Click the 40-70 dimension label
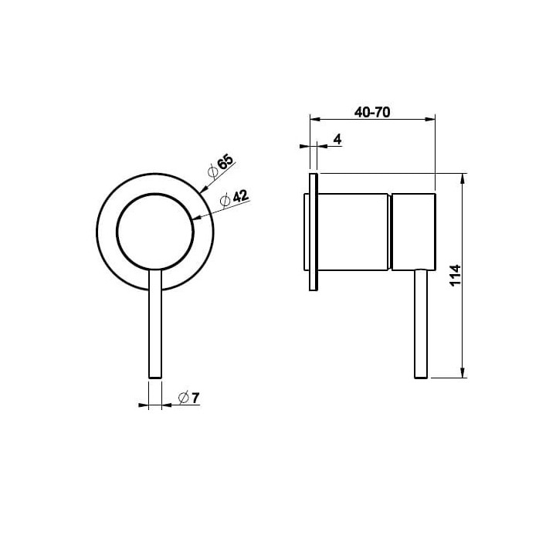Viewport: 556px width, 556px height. [x=372, y=113]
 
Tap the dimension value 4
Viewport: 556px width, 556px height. [x=338, y=139]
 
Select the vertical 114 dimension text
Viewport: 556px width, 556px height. [x=455, y=275]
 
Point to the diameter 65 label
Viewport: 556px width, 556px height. [x=221, y=166]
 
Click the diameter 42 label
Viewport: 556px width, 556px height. [x=235, y=198]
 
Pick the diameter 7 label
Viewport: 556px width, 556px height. [x=189, y=398]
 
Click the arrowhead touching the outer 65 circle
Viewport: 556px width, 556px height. [x=204, y=189]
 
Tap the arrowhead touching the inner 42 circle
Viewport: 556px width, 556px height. [x=198, y=217]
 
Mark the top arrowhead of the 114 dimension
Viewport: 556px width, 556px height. [x=463, y=179]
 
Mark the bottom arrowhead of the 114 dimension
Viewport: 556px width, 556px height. [x=463, y=372]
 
